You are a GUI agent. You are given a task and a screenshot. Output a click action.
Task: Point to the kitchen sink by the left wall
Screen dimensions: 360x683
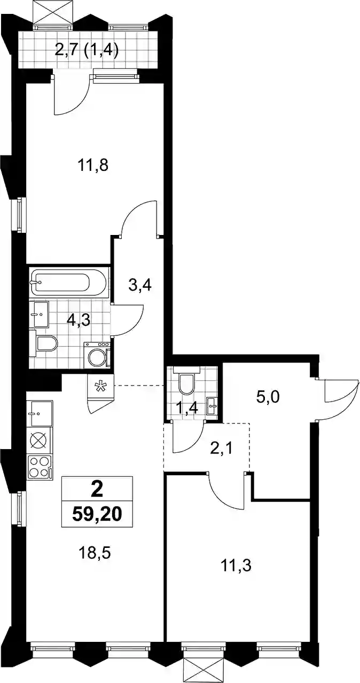point(40,413)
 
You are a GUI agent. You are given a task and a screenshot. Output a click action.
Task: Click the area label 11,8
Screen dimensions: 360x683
point(93,167)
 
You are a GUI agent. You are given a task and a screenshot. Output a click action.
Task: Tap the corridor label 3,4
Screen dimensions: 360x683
point(140,287)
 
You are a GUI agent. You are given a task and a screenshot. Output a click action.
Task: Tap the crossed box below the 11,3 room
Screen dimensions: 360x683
point(205,672)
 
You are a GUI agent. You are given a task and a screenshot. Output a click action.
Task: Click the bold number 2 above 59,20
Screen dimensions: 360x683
point(97,490)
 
